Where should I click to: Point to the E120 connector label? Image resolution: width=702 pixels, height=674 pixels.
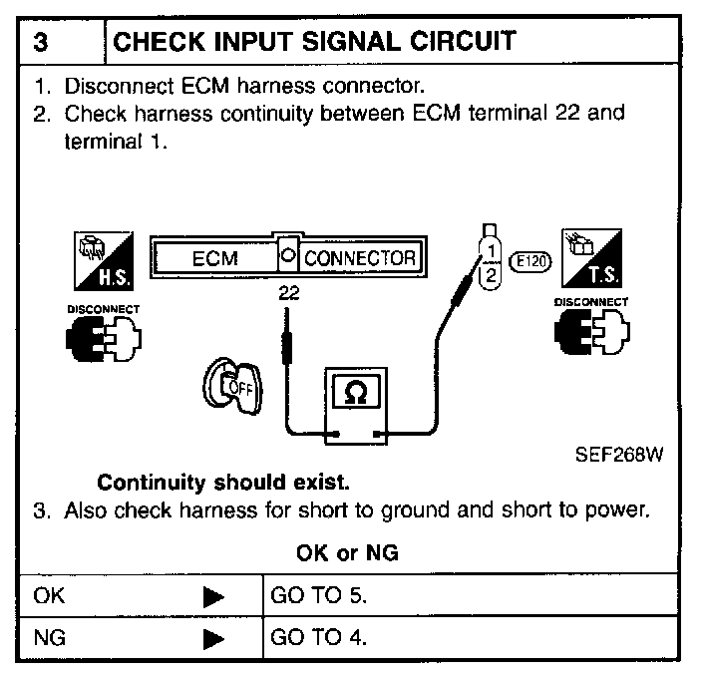pyautogui.click(x=530, y=262)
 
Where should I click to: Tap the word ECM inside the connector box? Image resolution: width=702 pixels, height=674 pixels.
pyautogui.click(x=214, y=257)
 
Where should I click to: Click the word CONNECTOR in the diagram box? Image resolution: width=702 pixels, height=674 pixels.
pyautogui.click(x=359, y=257)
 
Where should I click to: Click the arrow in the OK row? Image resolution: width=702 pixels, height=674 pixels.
pyautogui.click(x=213, y=598)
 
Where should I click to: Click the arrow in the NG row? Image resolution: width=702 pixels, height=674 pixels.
pyautogui.click(x=213, y=639)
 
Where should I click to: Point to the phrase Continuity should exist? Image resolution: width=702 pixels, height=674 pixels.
pyautogui.click(x=223, y=484)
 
